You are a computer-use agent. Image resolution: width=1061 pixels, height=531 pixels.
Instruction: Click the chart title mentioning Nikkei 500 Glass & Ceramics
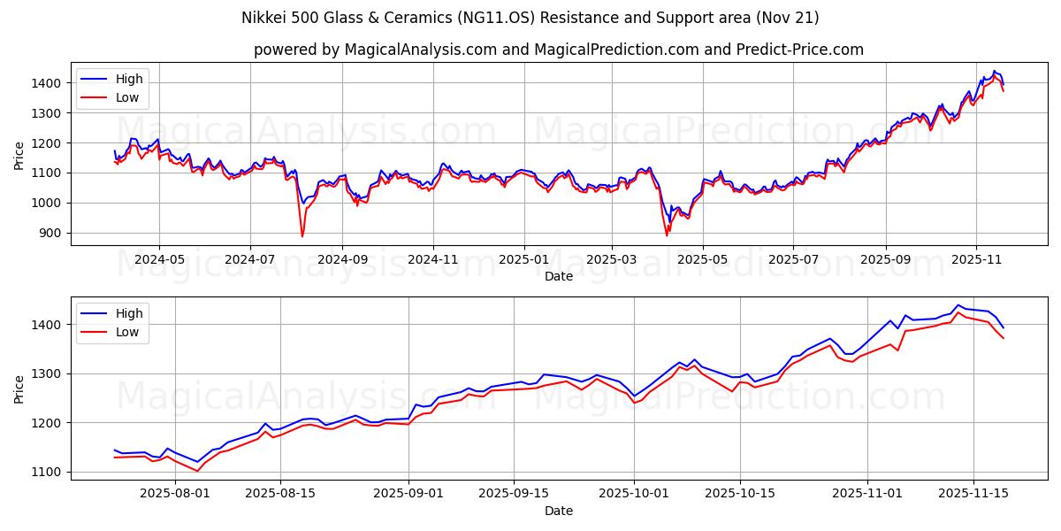click(x=530, y=18)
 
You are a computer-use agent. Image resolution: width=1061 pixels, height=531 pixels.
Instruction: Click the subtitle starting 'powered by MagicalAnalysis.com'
click(x=558, y=50)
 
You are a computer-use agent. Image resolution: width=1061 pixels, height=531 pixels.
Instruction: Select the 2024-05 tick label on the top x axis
click(x=159, y=260)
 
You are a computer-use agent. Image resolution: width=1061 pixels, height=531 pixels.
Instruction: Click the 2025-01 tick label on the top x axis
click(x=523, y=260)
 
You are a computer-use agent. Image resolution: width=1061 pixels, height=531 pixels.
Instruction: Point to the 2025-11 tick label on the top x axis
click(x=976, y=260)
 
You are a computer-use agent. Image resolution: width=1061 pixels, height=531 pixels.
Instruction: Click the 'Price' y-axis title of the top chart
click(x=19, y=155)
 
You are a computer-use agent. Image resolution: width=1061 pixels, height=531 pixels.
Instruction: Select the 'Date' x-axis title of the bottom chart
click(x=558, y=511)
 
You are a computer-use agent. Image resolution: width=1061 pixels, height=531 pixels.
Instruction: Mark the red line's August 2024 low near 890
click(x=302, y=236)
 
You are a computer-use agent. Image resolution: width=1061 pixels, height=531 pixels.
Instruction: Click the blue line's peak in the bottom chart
click(x=958, y=305)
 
